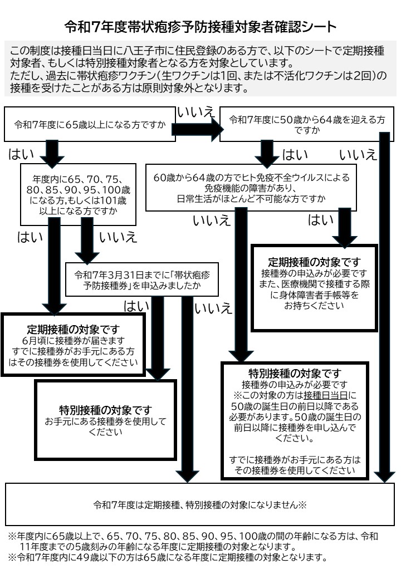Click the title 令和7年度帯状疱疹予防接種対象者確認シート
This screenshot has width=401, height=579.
tap(200, 26)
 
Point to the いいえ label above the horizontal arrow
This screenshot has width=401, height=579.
tap(195, 111)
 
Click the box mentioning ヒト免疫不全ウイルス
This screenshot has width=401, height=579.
tap(251, 188)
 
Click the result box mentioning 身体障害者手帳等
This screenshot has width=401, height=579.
tap(314, 287)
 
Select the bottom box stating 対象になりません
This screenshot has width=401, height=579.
tap(200, 505)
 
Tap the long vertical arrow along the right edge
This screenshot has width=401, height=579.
tap(384, 306)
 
